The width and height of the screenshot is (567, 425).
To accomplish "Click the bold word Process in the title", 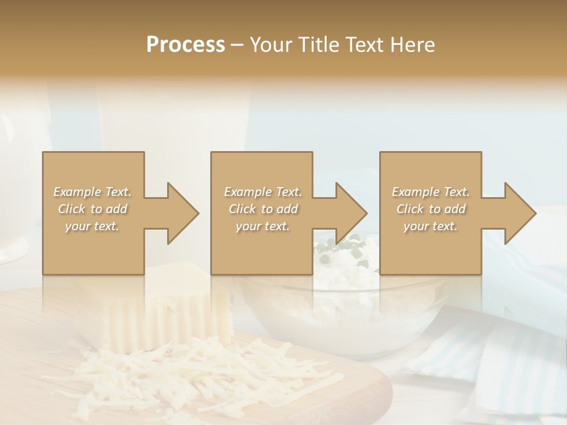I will pos(185,44).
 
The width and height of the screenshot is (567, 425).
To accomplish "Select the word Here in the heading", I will pos(413,44).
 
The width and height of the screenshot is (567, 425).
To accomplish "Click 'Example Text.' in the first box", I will pos(92,192).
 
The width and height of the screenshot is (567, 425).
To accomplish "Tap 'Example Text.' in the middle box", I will pos(262,192).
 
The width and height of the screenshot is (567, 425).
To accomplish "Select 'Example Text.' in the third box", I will pos(431,192).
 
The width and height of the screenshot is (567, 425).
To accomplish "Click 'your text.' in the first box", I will pos(92,226).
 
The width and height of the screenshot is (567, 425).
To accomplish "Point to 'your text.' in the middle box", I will pos(262,226).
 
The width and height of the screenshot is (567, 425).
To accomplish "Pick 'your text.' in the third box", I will pos(431,226).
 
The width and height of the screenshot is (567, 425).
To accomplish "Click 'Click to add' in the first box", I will pos(92,209).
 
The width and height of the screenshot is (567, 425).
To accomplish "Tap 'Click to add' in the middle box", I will pos(262,209).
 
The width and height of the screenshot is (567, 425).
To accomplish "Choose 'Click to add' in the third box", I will pos(431,209).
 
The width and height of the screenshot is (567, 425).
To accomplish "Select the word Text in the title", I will pos(365,44).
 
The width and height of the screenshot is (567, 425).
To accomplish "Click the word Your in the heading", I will pos(271,44).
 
